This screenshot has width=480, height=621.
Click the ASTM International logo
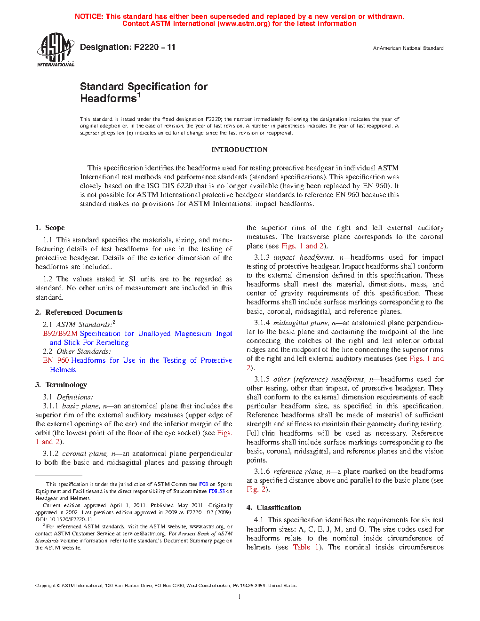point(55,49)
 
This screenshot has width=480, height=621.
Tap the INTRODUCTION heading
point(239,150)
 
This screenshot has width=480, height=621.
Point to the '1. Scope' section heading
point(50,228)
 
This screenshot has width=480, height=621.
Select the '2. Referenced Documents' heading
point(79,312)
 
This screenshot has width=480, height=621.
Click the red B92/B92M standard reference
point(60,334)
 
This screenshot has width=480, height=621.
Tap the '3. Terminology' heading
point(61,385)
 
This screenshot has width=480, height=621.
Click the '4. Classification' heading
point(274,508)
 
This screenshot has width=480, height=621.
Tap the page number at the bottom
point(240,597)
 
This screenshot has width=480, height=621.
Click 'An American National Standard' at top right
point(408,48)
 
